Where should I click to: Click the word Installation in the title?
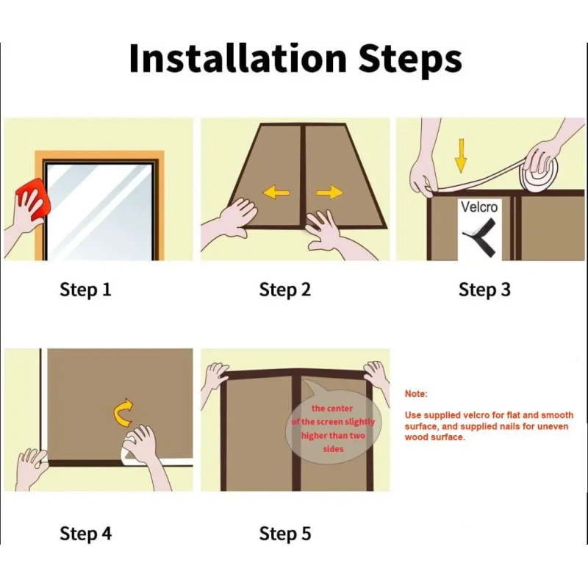coord(237,59)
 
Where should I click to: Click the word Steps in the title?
coord(410,61)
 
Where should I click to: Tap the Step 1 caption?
coord(85,290)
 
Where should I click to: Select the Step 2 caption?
coord(285,290)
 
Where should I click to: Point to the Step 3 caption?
coord(484,290)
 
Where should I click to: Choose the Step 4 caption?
coord(85,534)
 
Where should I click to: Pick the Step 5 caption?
coord(285,534)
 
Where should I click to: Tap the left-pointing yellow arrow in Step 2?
coord(276,193)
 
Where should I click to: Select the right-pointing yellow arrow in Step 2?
coord(329,193)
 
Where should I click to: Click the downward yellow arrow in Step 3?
coord(461,156)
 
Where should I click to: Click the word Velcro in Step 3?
coord(479,207)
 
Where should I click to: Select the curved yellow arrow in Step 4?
coord(123,412)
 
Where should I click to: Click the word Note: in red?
coord(416,394)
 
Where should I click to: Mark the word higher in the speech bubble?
coord(315,436)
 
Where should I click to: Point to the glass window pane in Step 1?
coord(99,212)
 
